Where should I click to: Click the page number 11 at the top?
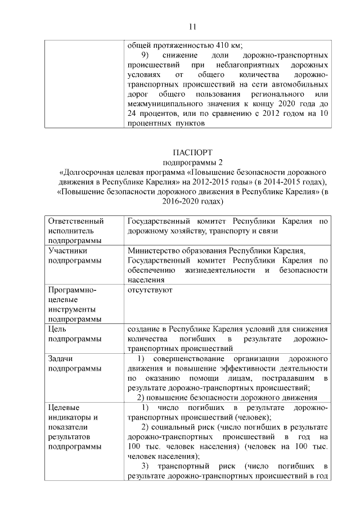[x=191, y=26]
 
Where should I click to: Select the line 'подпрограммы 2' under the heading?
[x=191, y=162]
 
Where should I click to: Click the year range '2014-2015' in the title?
[x=276, y=181]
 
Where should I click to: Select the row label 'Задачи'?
[x=61, y=358]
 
